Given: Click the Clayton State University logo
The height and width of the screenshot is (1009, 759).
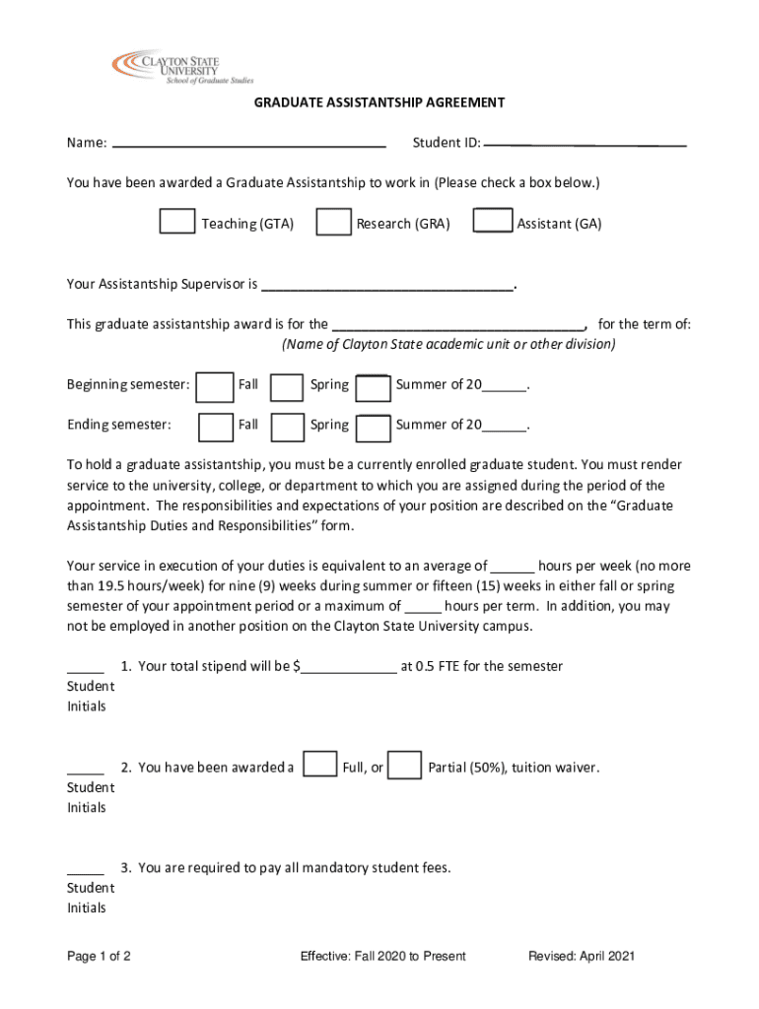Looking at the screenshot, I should (182, 66).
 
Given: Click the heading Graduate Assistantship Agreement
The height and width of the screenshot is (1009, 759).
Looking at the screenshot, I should (379, 102).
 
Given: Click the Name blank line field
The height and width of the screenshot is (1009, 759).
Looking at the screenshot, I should (249, 144).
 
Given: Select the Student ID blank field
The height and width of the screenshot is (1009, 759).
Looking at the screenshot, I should (586, 144).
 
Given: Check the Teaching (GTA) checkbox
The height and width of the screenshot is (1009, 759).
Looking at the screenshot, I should (177, 223).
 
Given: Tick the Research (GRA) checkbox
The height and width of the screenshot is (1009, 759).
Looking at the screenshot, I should (333, 223).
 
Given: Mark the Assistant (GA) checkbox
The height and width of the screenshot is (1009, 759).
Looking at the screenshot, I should (493, 223).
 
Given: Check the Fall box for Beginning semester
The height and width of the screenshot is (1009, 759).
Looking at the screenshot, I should (215, 387).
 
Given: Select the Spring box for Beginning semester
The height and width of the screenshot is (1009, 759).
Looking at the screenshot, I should (287, 387).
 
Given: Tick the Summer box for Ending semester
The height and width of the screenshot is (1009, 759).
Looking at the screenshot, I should (373, 428).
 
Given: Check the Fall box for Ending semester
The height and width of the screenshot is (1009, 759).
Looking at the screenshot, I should (216, 428).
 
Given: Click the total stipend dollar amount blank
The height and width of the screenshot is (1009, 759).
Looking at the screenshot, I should (348, 668).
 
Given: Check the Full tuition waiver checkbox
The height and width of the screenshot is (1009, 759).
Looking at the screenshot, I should (320, 766).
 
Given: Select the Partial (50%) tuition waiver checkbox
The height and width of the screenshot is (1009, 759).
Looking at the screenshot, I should (405, 766).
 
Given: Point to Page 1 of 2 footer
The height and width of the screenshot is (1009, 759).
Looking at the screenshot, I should (99, 956).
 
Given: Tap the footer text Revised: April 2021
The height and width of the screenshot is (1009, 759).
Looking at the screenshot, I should (582, 956).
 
